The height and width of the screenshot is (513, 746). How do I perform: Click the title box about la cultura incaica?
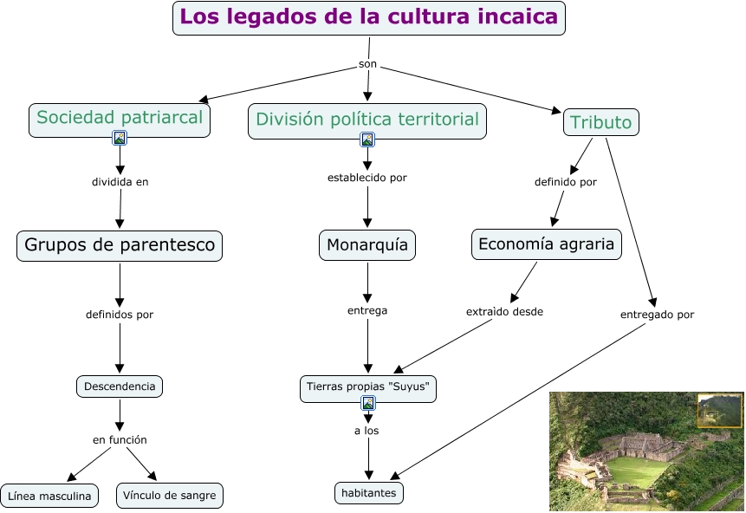368,17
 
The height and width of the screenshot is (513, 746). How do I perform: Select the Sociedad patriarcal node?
120,118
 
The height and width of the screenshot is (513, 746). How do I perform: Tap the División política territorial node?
367,120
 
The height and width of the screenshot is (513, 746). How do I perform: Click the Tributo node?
601,122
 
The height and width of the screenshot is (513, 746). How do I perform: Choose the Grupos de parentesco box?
120,245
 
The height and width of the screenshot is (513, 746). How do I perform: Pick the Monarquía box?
367,245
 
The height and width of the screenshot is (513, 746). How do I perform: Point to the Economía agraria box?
546,244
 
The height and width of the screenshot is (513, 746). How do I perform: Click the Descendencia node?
120,386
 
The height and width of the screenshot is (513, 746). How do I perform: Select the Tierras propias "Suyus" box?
367,386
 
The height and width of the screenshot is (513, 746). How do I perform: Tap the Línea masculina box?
50,497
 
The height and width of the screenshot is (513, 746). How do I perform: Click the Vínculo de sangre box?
170,497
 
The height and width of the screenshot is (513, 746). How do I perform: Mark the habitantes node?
369,493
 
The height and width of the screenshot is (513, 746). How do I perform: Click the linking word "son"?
368,65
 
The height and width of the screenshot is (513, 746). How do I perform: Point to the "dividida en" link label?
120,182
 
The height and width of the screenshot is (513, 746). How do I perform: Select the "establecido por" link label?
367,178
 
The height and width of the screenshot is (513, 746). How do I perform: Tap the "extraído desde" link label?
504,311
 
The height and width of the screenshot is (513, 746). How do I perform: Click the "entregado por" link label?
657,315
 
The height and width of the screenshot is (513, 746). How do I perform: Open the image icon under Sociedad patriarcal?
120,137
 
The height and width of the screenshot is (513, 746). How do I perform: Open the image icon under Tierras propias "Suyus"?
368,403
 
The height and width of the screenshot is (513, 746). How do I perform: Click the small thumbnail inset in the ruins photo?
719,410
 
